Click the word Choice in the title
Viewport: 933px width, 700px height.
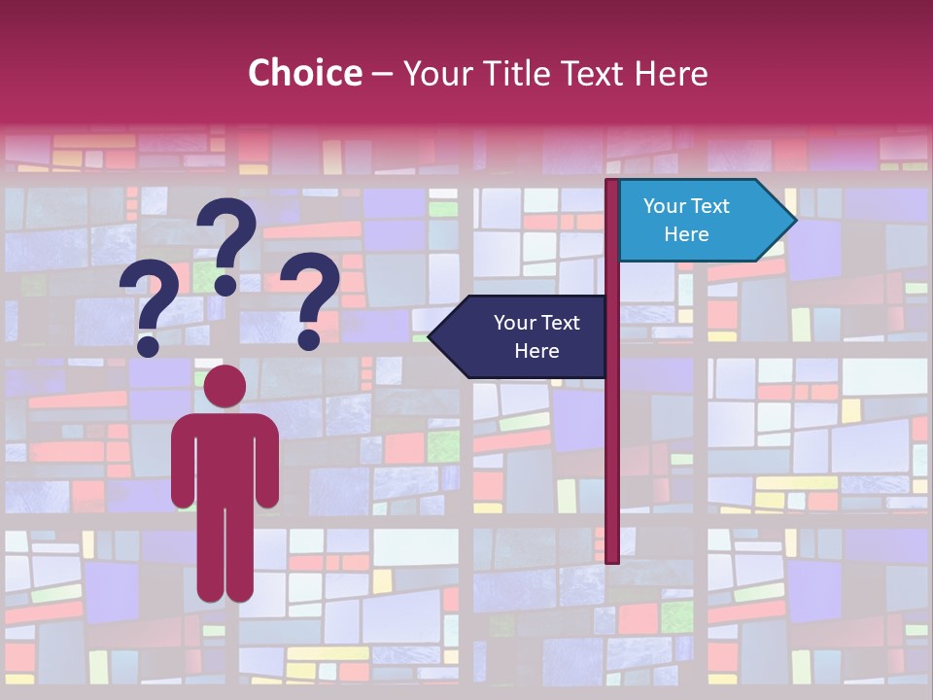click(x=304, y=73)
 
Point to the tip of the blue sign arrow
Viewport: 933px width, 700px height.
click(x=795, y=221)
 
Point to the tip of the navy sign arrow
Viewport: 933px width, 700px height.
click(x=430, y=337)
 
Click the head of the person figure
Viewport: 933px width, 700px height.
click(x=225, y=386)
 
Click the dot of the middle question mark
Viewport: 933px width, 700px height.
click(x=225, y=284)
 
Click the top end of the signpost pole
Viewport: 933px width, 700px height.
click(x=612, y=183)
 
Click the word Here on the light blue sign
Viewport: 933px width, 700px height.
click(x=686, y=234)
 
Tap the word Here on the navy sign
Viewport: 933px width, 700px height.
click(x=536, y=351)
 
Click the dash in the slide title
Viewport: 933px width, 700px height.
click(x=382, y=74)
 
